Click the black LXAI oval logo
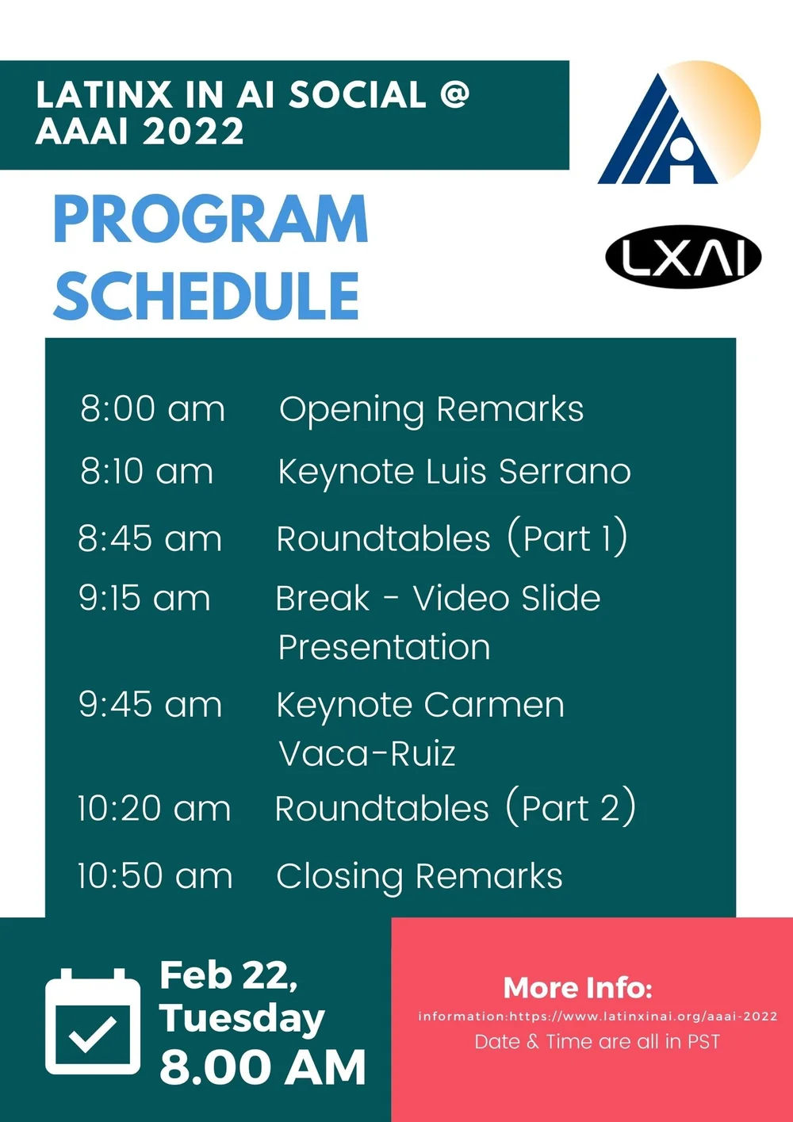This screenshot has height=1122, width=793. [x=683, y=258]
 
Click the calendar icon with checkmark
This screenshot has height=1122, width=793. [x=93, y=1021]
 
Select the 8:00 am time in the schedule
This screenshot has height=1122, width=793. [x=152, y=409]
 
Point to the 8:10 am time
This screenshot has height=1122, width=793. [x=147, y=471]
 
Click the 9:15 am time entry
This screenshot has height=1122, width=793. [x=144, y=598]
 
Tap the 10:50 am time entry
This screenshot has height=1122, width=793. [x=155, y=876]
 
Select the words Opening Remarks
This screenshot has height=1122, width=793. [x=431, y=409]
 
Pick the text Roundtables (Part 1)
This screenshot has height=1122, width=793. [x=452, y=538]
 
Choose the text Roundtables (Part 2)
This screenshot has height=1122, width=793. [x=455, y=808]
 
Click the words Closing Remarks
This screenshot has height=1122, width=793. [x=419, y=876]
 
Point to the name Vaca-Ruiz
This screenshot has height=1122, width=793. [x=367, y=753]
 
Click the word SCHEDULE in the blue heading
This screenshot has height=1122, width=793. [x=207, y=295]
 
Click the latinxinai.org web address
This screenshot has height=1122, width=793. [x=642, y=1016]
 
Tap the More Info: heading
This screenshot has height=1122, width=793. [x=578, y=987]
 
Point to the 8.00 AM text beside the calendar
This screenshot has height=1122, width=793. [x=262, y=1066]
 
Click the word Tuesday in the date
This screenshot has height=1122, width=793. [x=242, y=1018]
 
